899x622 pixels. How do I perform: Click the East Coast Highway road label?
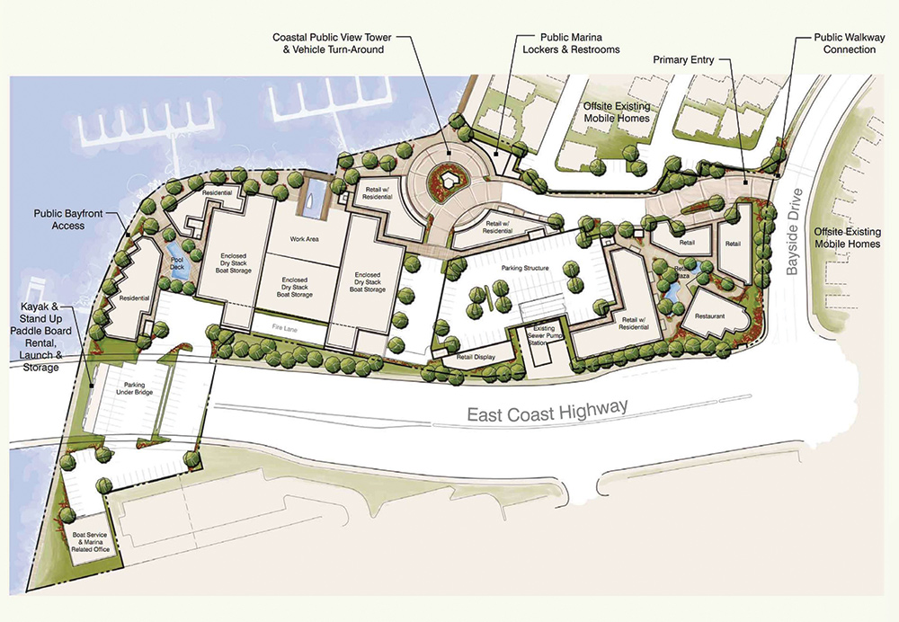coord(547,413)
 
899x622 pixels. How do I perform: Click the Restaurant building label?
coord(708,317)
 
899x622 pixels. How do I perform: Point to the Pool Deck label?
coord(177,262)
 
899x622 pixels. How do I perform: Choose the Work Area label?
coord(305,239)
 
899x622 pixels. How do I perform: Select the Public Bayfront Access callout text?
coord(59,219)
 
